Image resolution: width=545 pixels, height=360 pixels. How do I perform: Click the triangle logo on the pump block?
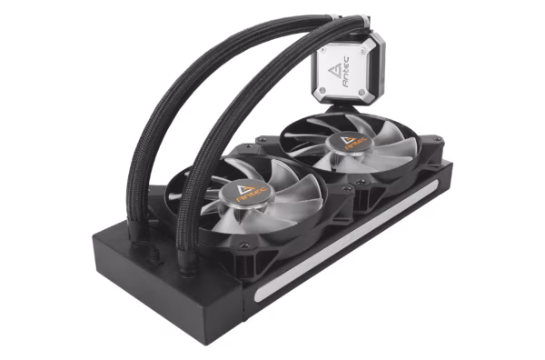point(334,72)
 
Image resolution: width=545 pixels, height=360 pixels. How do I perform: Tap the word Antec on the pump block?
point(346,72)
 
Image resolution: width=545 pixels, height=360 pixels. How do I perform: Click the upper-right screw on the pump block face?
point(362,51)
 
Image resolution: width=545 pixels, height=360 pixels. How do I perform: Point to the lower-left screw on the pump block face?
point(322,91)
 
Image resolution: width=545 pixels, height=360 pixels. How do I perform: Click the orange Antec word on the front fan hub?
point(252,195)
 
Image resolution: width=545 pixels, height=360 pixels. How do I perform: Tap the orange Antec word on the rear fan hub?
point(355,144)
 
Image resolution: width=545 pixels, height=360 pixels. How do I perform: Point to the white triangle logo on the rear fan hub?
point(348,139)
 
